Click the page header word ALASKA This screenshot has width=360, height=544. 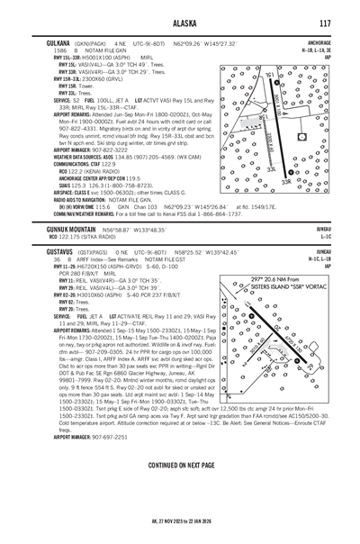coord(180,23)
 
